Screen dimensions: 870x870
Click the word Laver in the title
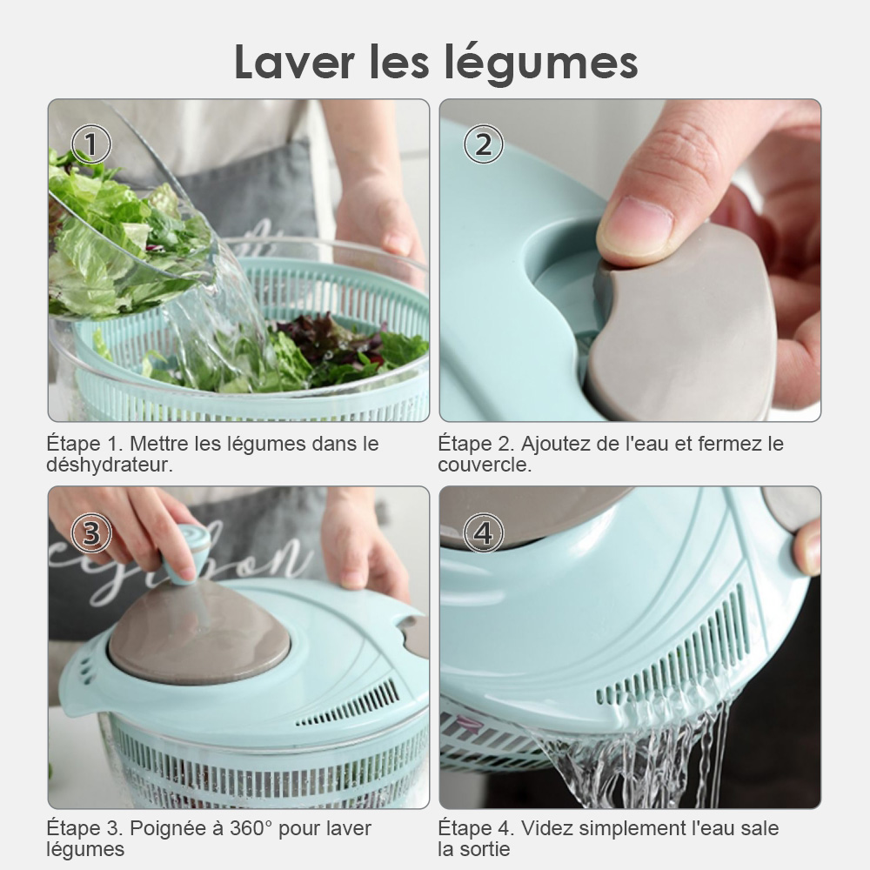point(294,61)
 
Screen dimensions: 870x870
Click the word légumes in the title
point(541,64)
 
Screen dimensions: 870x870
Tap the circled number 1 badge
point(91,144)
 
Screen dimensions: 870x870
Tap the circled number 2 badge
point(483,144)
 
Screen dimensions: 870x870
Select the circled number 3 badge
point(91,533)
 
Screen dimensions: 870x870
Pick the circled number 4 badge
point(483,533)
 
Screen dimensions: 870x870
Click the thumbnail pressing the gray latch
point(644,223)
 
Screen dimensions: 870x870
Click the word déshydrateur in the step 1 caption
point(110,465)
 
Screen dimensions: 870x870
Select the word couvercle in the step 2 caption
point(485,465)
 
